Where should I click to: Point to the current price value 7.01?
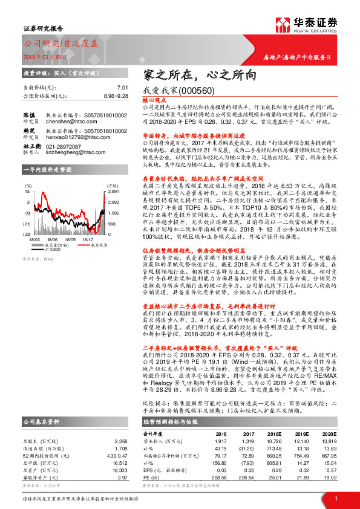pyautogui.click(x=123, y=87)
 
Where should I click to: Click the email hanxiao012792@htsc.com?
pyautogui.click(x=74, y=137)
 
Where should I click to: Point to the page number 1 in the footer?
pyautogui.click(x=335, y=499)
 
